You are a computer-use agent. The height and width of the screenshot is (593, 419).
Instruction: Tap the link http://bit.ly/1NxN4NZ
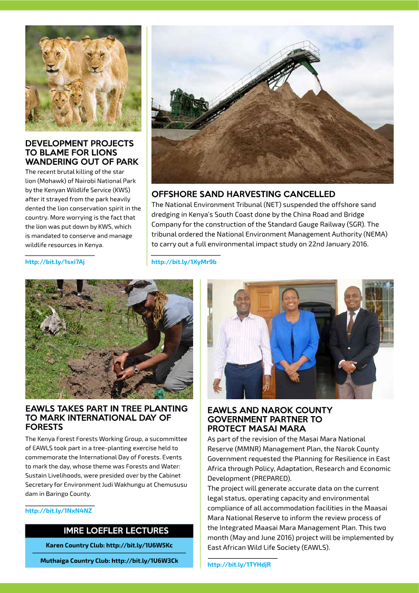[x=59, y=511]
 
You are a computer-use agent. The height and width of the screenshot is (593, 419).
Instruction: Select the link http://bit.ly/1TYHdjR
[x=239, y=564]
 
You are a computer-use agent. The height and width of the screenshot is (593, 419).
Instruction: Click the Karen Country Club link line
[x=109, y=545]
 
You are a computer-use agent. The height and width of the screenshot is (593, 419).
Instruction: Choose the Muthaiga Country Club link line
[x=109, y=560]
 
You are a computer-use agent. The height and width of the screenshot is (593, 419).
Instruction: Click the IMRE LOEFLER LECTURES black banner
[x=109, y=531]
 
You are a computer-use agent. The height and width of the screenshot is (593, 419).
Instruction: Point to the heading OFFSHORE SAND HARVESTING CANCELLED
[x=243, y=194]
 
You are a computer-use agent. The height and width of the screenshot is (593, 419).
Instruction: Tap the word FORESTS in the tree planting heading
[x=44, y=427]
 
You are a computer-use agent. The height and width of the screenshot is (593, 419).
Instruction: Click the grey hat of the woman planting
[x=140, y=291]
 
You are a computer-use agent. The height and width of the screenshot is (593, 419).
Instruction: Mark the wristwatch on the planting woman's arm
[x=136, y=369]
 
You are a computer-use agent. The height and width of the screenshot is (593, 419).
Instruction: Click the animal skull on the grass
[x=53, y=321]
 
